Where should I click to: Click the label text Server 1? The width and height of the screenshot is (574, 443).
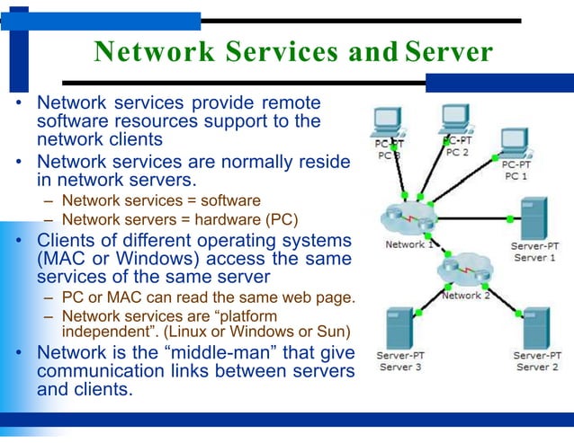535,257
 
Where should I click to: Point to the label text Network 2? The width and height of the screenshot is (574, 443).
466,296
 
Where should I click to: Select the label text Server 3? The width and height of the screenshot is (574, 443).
400,367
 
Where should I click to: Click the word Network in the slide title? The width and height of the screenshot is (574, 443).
154,51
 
